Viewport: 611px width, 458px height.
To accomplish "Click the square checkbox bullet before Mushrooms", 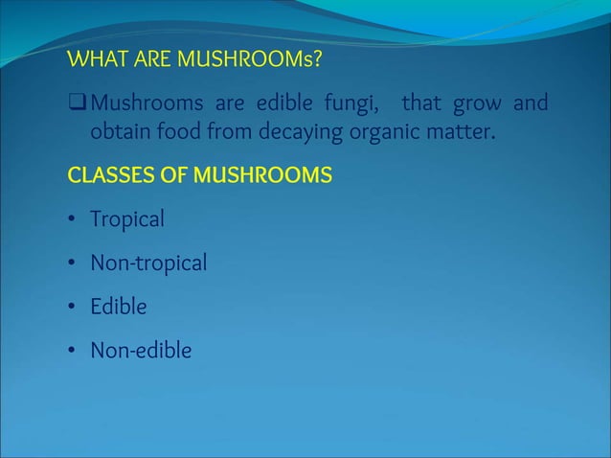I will (x=77, y=102).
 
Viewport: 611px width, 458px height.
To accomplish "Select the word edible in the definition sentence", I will (x=294, y=102).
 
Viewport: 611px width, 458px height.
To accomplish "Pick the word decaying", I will (x=298, y=131).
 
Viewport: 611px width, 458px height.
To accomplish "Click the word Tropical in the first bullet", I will (x=127, y=219).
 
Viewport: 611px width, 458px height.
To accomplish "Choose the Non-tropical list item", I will (x=148, y=263).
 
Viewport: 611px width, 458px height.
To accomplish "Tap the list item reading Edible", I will (x=119, y=307).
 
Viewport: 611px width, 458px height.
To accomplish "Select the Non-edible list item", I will (x=141, y=351).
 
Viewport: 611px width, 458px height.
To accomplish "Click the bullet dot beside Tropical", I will (x=72, y=220).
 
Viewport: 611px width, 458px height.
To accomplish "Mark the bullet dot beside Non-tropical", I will (x=72, y=263).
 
